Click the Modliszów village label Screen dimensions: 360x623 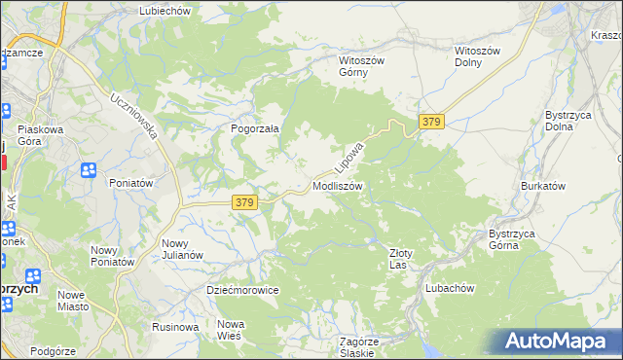338,185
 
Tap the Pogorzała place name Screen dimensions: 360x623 255,127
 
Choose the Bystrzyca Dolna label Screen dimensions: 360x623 565,121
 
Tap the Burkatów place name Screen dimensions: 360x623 543,185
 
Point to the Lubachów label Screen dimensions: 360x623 449,289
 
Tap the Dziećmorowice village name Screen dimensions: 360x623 243,290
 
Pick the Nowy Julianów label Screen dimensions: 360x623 182,249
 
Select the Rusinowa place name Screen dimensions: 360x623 175,327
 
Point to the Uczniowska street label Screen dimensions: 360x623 134,116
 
